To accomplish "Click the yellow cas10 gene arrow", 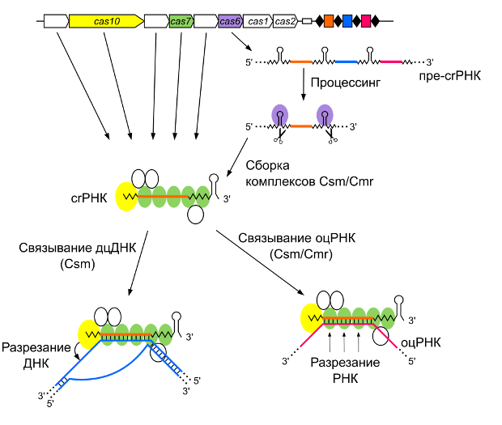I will [x=105, y=21].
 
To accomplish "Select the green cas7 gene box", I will [x=181, y=21].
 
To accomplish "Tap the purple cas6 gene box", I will [x=230, y=21].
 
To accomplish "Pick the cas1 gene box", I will [x=257, y=21].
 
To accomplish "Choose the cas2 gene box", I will [x=285, y=21].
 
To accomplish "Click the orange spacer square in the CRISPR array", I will [x=329, y=21].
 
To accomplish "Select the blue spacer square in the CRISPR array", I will [x=347, y=21].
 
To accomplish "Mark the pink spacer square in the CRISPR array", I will [x=367, y=21].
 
